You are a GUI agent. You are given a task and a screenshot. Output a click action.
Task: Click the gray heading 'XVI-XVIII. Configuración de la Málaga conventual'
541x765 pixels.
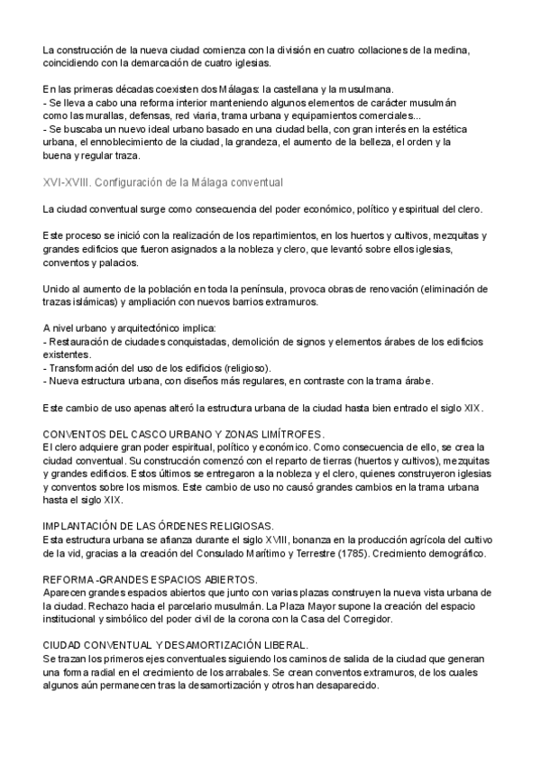click(163, 183)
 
